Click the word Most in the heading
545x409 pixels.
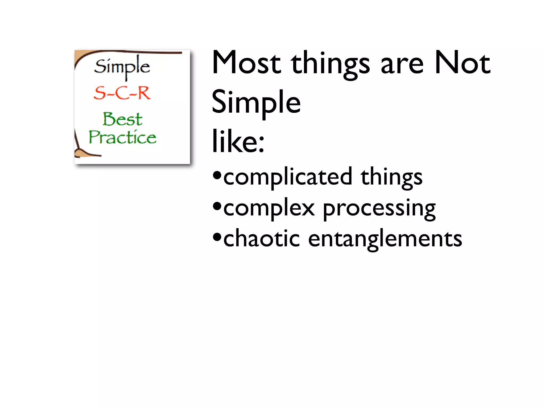pos(246,63)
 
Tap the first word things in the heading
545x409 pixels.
pos(330,64)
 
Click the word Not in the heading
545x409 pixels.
pos(462,63)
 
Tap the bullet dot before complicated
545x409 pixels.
pos(217,175)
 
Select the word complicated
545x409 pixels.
pos(288,177)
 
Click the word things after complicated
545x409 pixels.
pos(391,177)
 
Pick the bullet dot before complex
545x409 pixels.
pos(217,206)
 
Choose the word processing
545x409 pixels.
pos(379,209)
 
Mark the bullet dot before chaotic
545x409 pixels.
pos(217,237)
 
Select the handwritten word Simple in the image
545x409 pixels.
pos(122,67)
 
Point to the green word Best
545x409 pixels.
pos(122,119)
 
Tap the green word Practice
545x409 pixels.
pos(122,137)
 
